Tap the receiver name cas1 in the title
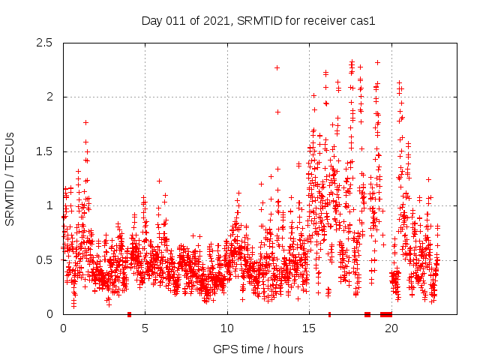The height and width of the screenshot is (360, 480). point(361,20)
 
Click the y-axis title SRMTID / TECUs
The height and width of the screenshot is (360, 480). point(10,178)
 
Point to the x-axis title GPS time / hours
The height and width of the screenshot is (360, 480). point(258,349)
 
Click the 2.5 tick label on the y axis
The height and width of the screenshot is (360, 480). point(43,43)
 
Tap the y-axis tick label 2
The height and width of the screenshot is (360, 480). point(50,97)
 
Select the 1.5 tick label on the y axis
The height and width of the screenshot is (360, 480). point(43,151)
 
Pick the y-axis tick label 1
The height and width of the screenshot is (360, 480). point(50,205)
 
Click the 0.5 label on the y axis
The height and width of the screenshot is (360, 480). point(43,260)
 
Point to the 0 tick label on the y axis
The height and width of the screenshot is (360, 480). point(50,314)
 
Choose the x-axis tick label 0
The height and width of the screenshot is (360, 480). point(63,328)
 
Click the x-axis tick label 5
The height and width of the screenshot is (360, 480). point(145,328)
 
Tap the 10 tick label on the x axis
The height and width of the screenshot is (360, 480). point(227,328)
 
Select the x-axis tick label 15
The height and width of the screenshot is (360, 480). point(309,328)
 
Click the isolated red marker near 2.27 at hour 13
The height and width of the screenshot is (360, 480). point(277,67)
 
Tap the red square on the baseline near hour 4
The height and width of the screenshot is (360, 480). point(129,314)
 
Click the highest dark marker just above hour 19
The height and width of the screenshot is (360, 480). point(377,62)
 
